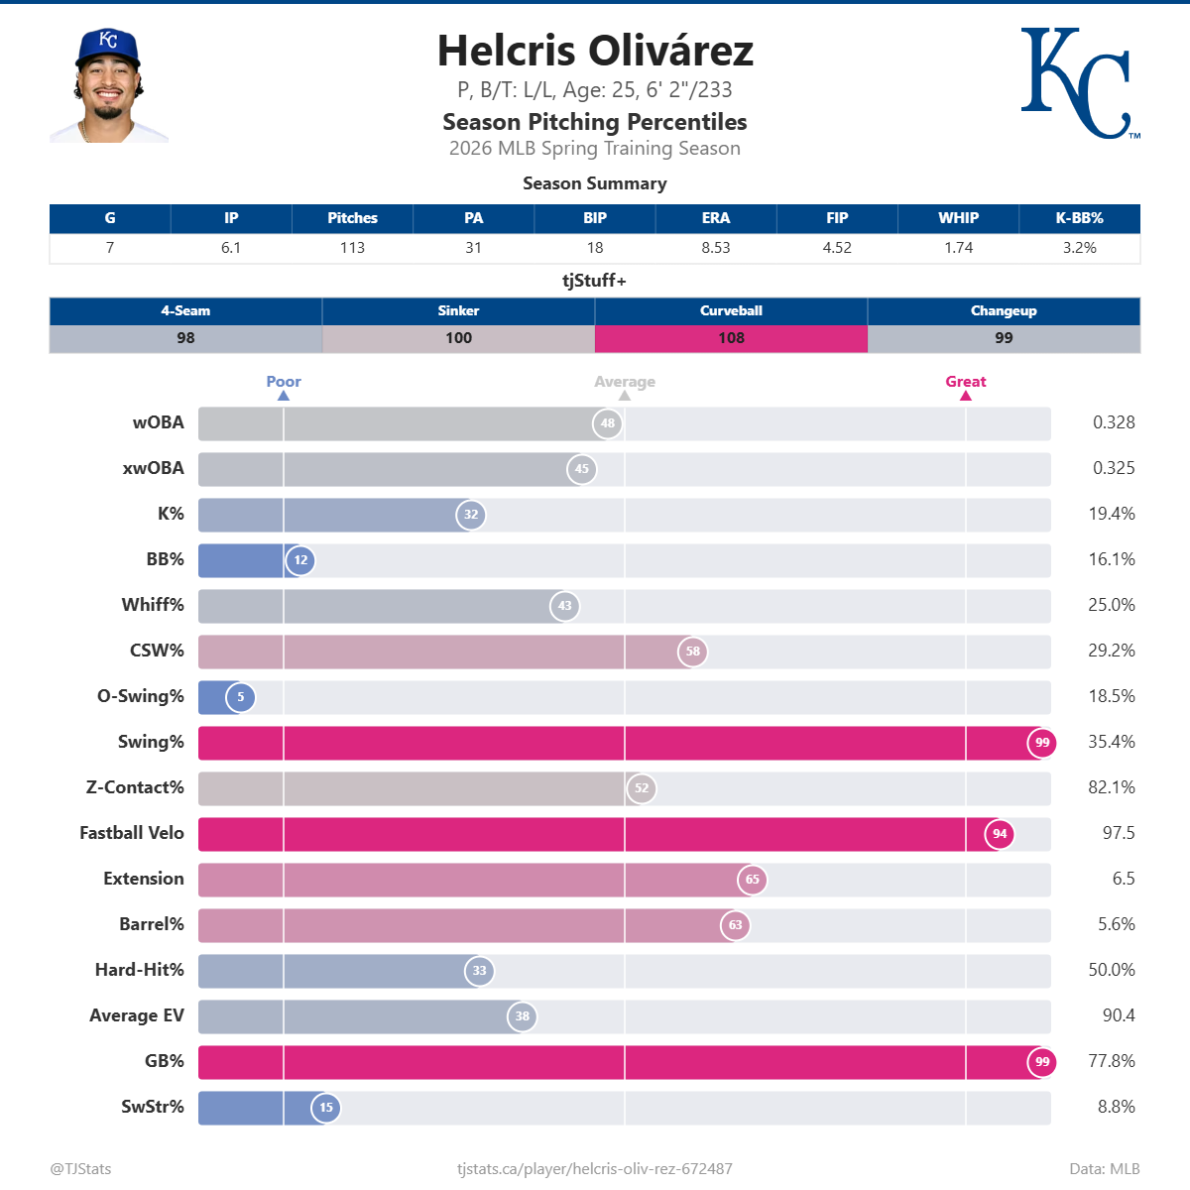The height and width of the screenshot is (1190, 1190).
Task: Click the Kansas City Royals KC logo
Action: pyautogui.click(x=1079, y=83)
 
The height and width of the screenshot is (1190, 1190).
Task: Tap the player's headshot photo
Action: pyautogui.click(x=109, y=85)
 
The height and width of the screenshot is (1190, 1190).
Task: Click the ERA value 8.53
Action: pyautogui.click(x=715, y=248)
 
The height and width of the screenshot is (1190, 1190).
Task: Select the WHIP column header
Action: pyautogui.click(x=958, y=218)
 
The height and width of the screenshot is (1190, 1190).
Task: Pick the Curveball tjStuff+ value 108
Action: pyautogui.click(x=731, y=338)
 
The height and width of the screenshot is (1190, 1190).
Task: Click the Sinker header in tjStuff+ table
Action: pyautogui.click(x=458, y=310)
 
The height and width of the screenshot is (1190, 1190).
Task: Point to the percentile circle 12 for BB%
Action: pyautogui.click(x=300, y=560)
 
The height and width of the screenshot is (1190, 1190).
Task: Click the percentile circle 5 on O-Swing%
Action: pyautogui.click(x=240, y=697)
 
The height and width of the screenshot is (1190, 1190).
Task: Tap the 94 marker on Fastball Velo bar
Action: pyautogui.click(x=1000, y=834)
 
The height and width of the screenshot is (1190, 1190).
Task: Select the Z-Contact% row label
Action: pyautogui.click(x=135, y=787)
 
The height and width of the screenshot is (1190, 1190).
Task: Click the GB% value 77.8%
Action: pyautogui.click(x=1111, y=1061)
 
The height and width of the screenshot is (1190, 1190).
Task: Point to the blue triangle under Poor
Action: pyautogui.click(x=284, y=396)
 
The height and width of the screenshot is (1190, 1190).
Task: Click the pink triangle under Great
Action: pyautogui.click(x=966, y=396)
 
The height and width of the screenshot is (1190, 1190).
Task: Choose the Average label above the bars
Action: pyautogui.click(x=625, y=382)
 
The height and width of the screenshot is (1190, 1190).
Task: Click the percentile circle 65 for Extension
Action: pyautogui.click(x=753, y=880)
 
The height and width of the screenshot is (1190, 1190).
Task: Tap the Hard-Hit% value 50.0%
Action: pyautogui.click(x=1111, y=970)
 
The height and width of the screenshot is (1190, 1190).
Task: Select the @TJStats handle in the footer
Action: pyautogui.click(x=80, y=1168)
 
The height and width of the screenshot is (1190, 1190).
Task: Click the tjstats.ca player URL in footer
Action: pyautogui.click(x=595, y=1168)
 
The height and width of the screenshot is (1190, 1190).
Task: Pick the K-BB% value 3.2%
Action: pyautogui.click(x=1079, y=248)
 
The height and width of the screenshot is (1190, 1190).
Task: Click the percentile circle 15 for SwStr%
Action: pyautogui.click(x=326, y=1108)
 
